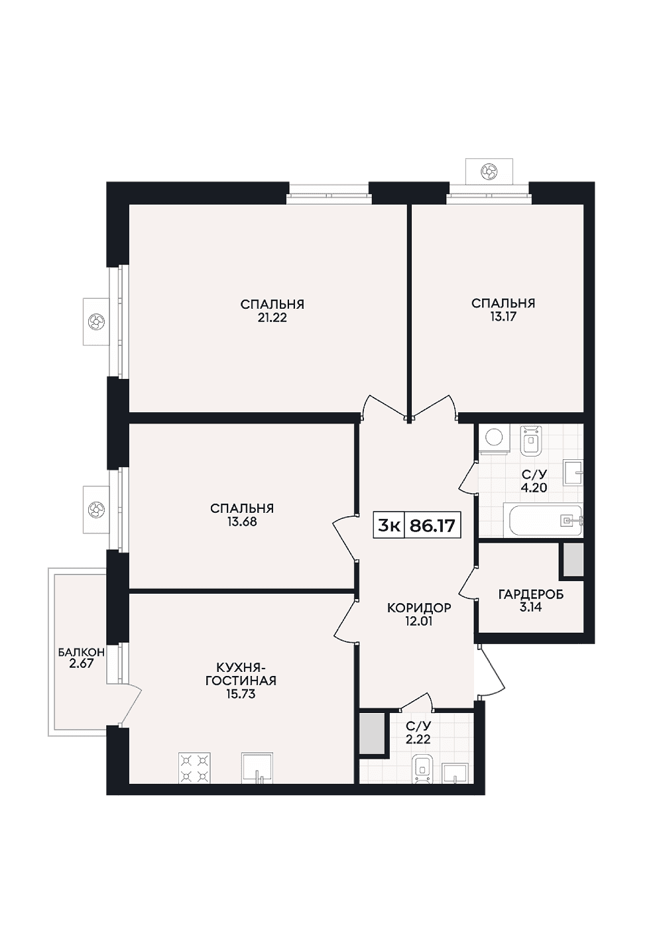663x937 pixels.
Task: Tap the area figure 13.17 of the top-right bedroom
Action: click(x=503, y=317)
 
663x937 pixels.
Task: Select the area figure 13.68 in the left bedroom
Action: click(x=242, y=522)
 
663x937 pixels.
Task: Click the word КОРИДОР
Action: click(x=419, y=608)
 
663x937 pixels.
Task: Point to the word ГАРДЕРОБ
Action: click(x=531, y=594)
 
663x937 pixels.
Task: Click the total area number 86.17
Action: click(x=432, y=526)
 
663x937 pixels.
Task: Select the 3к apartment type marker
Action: click(x=389, y=526)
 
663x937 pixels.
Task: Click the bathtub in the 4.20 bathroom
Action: click(x=546, y=521)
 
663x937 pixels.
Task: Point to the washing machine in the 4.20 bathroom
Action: click(x=495, y=439)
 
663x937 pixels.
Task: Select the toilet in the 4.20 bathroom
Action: click(x=531, y=441)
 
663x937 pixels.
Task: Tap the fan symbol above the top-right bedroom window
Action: click(x=489, y=171)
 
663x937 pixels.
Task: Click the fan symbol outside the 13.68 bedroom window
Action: click(x=96, y=509)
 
